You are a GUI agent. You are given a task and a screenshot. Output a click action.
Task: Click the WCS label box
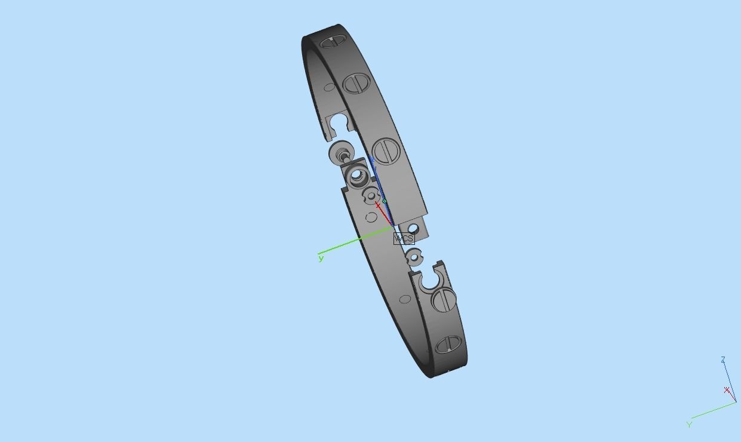coord(404,238)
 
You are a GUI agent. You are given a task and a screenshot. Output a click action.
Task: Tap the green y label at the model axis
coord(321,258)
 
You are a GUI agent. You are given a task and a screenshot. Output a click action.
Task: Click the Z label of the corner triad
coord(723,360)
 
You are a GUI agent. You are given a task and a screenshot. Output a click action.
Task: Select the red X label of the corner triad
coord(727,390)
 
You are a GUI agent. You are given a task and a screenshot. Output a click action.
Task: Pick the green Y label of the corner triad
coord(689,425)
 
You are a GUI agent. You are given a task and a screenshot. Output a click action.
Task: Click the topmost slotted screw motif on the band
coord(333,42)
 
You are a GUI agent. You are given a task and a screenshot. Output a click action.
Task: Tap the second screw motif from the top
coord(357,84)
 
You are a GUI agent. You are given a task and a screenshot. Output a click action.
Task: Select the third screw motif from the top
coord(386,151)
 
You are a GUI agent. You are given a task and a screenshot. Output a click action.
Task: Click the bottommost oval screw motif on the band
coord(448,345)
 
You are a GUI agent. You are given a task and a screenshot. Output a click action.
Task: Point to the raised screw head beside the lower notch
coord(444,299)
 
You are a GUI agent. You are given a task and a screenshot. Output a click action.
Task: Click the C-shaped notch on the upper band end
coord(338,124)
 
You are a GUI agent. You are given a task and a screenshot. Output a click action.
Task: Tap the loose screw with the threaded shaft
coord(341,153)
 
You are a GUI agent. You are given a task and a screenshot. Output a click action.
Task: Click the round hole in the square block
coord(358,176)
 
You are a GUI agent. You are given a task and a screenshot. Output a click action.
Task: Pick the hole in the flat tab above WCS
coord(413,228)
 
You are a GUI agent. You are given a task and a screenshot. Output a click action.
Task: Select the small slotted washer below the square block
coord(371,195)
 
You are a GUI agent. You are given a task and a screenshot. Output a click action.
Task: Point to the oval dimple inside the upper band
coord(330,87)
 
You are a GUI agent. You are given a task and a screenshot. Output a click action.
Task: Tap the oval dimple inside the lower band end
coord(405,299)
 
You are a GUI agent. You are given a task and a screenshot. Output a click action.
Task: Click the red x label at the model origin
coord(378,205)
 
